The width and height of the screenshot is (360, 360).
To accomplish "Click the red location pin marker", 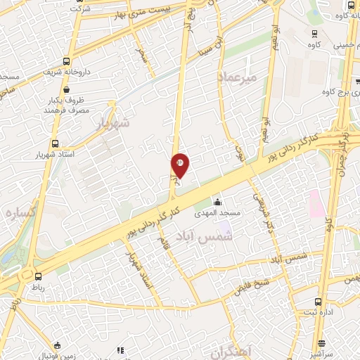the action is coord(180,165).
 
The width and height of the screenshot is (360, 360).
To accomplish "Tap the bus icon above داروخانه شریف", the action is coord(67,61).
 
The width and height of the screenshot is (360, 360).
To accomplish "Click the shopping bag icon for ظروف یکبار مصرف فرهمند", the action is coord(66,90).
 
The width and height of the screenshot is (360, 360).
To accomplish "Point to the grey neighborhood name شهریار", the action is coord(111,124).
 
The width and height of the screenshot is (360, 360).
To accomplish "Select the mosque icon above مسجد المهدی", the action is coord(217,201).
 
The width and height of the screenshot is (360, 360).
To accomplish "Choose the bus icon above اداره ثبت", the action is coord(323,300).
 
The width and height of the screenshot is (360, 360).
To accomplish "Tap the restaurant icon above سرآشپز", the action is coord(323,344).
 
